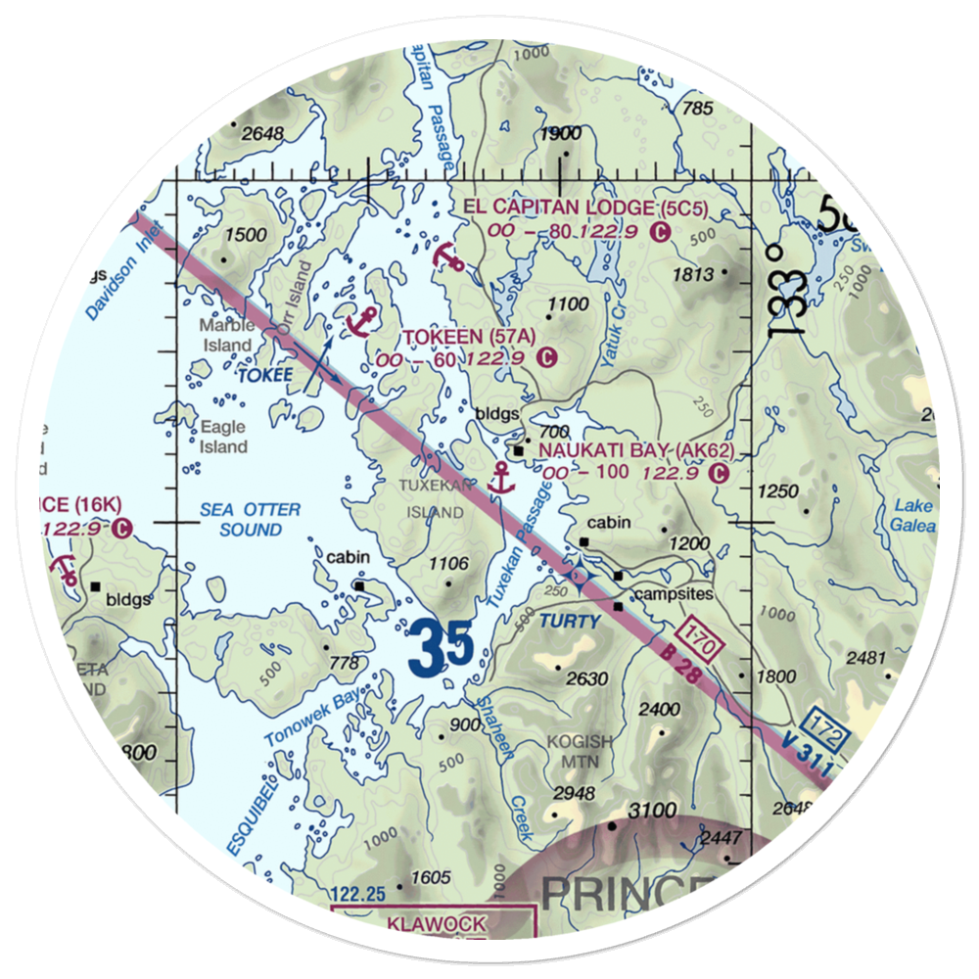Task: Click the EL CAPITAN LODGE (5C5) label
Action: (x=584, y=208)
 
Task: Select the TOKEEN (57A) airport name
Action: (x=470, y=337)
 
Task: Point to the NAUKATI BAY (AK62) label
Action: (x=636, y=450)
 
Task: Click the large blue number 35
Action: (x=442, y=650)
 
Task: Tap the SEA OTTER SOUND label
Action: (x=250, y=520)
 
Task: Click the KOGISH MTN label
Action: (x=580, y=751)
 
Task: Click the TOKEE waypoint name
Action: (x=264, y=375)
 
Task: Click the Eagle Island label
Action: (x=224, y=437)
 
